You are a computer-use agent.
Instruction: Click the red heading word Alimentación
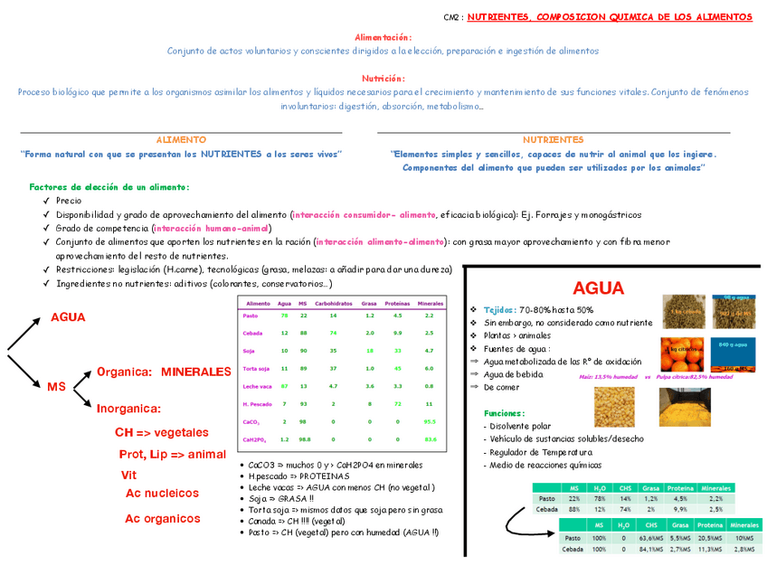pos(384,37)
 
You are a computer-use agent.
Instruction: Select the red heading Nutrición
pos(384,79)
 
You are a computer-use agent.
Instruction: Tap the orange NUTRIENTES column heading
pos(553,140)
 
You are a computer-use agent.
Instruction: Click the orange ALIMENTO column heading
pos(181,140)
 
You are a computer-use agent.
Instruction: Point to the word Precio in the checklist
pos(69,201)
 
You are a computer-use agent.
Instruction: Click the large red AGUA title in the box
pos(598,288)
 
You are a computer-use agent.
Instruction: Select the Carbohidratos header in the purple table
pos(334,303)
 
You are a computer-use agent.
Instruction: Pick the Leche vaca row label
pos(258,386)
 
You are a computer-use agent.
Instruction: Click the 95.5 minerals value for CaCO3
pos(430,421)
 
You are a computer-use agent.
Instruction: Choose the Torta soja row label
pos(258,369)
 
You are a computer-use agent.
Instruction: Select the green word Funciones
pos(504,412)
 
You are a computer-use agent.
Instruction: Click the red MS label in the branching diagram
pos(56,387)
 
